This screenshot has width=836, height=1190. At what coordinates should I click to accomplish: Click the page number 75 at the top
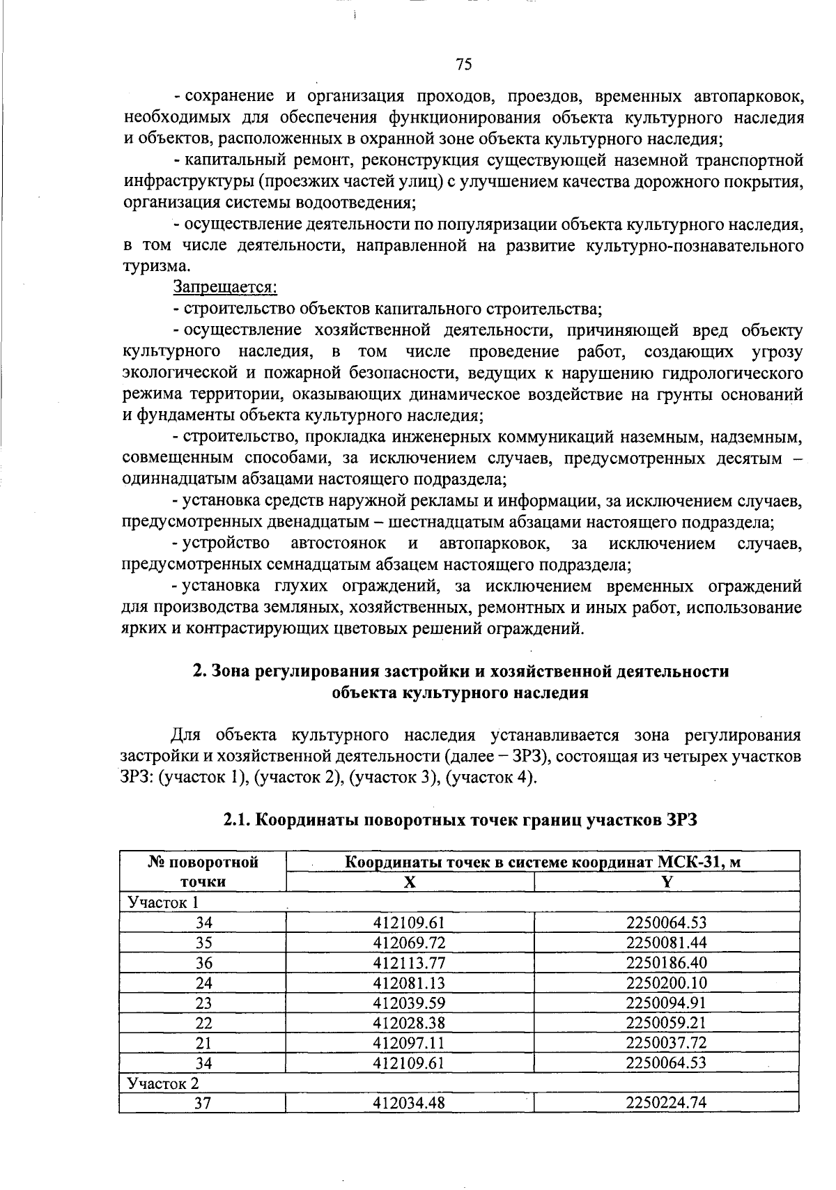point(464,65)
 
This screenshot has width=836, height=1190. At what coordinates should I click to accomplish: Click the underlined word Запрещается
point(225,286)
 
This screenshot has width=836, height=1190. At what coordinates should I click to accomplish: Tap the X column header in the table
point(410,881)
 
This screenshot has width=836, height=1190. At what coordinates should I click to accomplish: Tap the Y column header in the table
point(667,881)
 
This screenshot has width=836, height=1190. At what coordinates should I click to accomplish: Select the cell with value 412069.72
point(410,943)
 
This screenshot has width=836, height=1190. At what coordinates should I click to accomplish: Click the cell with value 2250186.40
point(667,963)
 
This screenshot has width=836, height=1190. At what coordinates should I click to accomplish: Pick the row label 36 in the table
point(203,963)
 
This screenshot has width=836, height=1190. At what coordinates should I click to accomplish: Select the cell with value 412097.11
point(410,1043)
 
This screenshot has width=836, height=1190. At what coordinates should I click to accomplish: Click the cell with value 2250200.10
point(667,983)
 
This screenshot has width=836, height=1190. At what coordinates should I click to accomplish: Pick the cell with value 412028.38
point(410,1023)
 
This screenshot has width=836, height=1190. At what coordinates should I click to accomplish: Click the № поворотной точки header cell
point(203,871)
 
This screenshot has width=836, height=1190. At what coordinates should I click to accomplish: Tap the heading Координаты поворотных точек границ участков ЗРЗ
point(460,820)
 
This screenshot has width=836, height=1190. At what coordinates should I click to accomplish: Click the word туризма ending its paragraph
point(155,266)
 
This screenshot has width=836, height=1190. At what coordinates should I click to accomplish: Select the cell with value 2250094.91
point(667,1003)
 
